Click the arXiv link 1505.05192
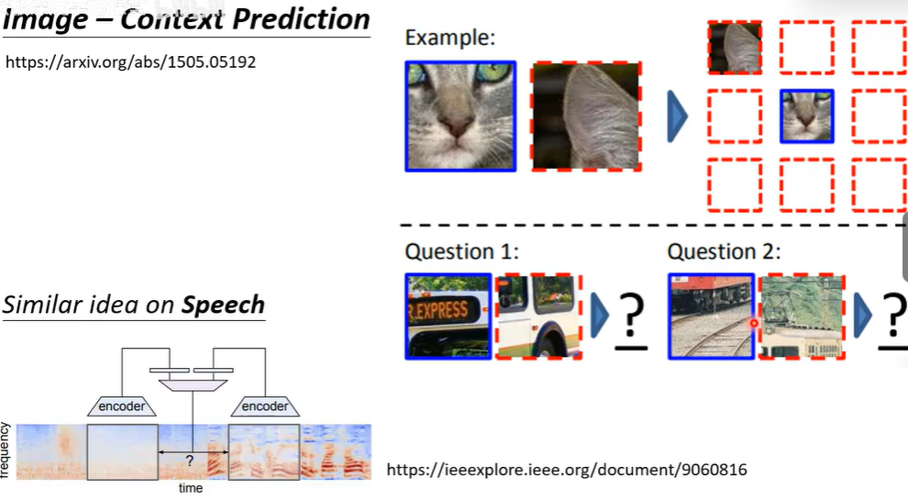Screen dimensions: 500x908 click(x=131, y=62)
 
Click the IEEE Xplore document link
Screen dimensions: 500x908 click(x=567, y=470)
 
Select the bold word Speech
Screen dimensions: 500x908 click(x=223, y=306)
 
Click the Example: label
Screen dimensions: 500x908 click(x=449, y=38)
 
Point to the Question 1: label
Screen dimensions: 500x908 click(x=462, y=251)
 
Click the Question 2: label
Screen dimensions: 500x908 click(x=725, y=251)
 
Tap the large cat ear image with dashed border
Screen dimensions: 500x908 click(x=587, y=116)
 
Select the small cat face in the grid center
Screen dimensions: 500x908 click(x=807, y=116)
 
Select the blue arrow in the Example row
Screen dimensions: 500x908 click(x=677, y=117)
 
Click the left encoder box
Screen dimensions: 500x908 click(x=122, y=406)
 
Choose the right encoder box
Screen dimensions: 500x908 click(x=265, y=406)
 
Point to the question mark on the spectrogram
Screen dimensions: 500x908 click(x=190, y=460)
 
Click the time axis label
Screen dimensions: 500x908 click(x=191, y=488)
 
